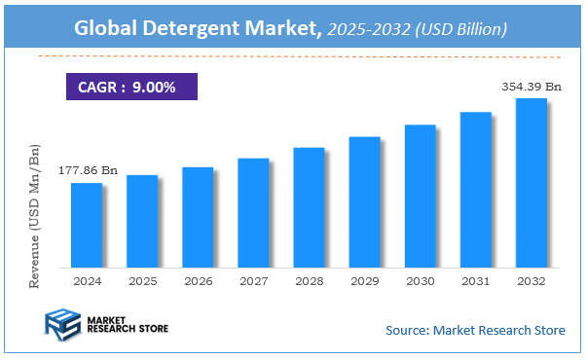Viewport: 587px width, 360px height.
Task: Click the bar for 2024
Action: click(86, 225)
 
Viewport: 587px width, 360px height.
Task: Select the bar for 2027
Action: click(252, 212)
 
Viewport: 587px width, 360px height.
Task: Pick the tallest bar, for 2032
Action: click(531, 182)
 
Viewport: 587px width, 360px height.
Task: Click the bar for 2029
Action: click(364, 201)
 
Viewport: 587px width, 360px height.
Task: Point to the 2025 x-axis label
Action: click(141, 280)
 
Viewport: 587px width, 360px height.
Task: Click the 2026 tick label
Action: click(197, 280)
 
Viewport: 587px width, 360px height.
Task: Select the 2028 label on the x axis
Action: click(309, 280)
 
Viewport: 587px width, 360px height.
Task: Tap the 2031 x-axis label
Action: click(475, 280)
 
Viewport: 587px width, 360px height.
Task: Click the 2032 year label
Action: click(531, 280)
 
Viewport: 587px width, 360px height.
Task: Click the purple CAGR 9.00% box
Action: click(131, 88)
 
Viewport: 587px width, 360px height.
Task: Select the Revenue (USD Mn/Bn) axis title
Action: click(35, 215)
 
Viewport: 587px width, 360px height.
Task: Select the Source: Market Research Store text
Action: click(475, 330)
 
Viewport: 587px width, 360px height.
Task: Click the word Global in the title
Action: click(107, 30)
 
